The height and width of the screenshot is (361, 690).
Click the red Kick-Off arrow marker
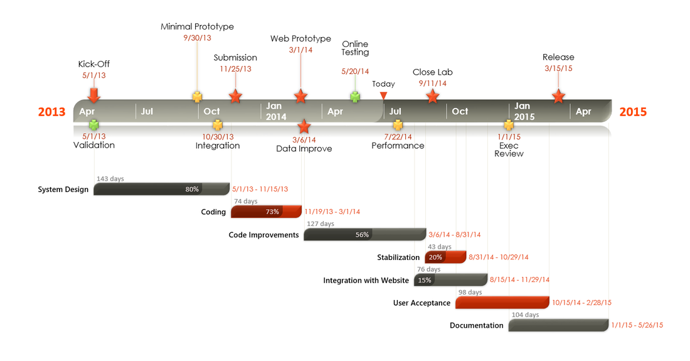point(93,94)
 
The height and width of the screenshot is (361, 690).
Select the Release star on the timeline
point(558,96)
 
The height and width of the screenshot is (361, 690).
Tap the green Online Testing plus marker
point(356,97)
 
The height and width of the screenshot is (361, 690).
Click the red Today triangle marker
point(383,95)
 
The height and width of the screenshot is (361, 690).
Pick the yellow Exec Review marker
point(509,125)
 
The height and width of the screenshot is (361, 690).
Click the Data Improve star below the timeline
point(304,126)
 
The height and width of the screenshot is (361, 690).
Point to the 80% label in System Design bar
point(192,189)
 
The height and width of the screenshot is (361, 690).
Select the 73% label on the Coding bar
point(272,212)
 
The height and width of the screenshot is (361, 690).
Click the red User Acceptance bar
point(502,303)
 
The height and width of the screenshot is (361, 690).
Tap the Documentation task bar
point(558,325)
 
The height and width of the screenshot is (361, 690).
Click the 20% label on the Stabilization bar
point(435,257)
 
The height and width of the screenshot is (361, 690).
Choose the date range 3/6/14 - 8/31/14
point(454,235)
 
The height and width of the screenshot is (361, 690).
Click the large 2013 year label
point(51,112)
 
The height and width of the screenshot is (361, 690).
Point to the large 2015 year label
point(633,112)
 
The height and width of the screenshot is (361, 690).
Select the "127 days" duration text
point(321,224)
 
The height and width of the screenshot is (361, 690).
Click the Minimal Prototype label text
point(197,26)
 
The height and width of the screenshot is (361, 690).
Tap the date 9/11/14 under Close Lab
point(433,83)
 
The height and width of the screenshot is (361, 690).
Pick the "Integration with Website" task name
point(366,280)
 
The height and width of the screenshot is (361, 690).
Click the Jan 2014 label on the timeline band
point(276,111)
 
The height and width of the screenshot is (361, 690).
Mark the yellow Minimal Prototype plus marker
point(198,97)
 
